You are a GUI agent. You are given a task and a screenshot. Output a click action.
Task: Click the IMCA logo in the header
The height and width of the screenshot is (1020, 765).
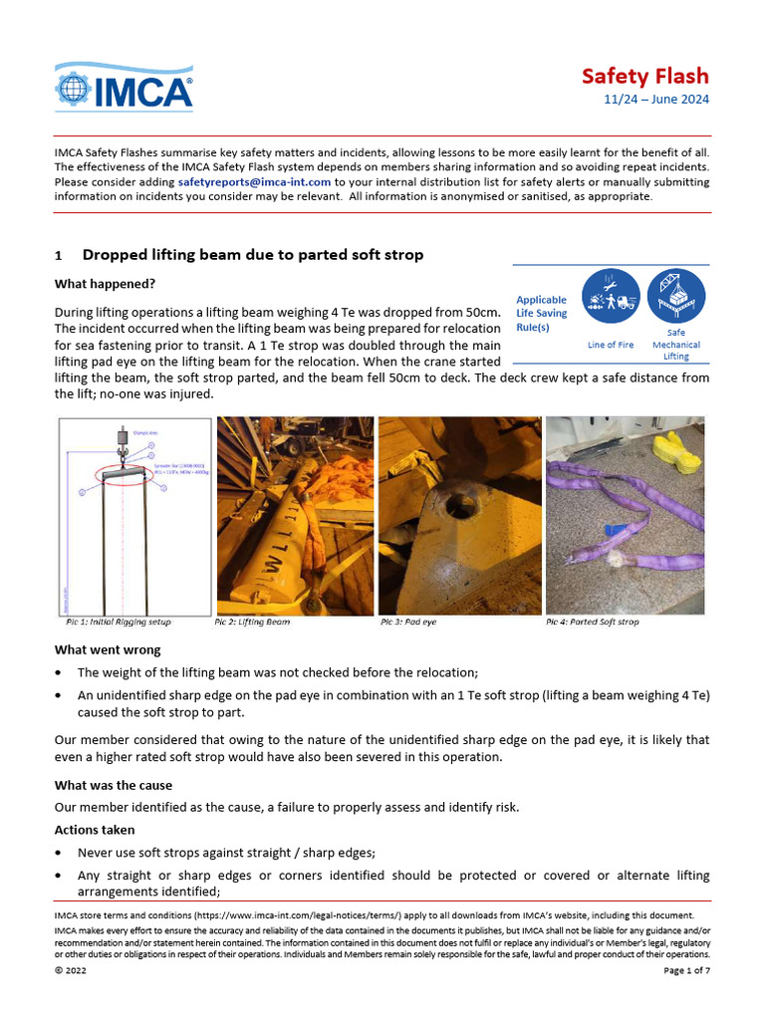coord(124,87)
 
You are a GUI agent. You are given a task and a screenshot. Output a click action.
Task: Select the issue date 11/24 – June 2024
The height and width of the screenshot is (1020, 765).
coord(657,101)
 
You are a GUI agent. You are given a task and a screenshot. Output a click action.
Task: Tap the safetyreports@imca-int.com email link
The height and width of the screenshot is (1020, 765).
coord(254,182)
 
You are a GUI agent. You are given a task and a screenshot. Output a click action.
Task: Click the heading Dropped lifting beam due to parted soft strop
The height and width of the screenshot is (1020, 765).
coord(252,255)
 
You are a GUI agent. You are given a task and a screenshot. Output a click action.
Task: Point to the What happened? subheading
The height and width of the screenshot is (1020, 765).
coord(105,284)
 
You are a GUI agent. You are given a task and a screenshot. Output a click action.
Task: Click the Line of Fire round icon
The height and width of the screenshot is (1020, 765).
coord(610,297)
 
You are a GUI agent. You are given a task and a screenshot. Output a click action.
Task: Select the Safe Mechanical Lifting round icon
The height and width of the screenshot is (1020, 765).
coord(675,297)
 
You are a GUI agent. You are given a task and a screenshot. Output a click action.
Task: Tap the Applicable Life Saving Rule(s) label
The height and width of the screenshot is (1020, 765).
coord(541,314)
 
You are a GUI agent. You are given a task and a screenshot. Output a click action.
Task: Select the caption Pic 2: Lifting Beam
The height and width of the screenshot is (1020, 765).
coord(252,622)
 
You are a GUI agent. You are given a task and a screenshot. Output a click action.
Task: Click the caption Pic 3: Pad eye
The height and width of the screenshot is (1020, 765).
coord(408,622)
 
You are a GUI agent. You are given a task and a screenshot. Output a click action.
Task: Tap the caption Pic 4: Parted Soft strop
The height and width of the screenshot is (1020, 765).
coord(592,622)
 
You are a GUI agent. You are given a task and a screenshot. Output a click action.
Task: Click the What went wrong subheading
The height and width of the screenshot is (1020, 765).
coord(107,650)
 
